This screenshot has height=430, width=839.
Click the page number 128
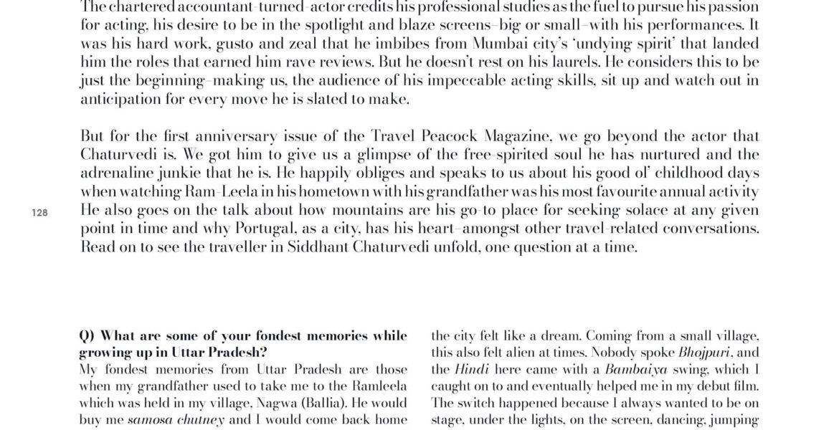click(x=39, y=212)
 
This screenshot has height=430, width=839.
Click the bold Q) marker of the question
click(x=87, y=335)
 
